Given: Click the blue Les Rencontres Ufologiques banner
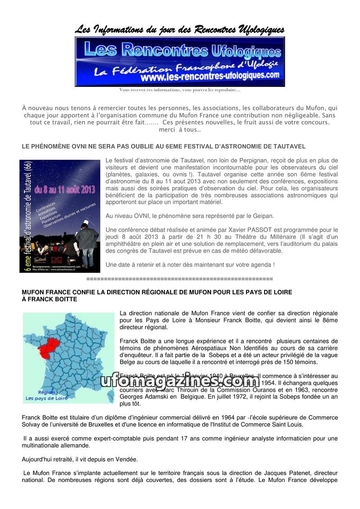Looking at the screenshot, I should (180, 61).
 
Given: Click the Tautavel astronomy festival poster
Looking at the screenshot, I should (60, 216).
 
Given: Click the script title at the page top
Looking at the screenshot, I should (180, 30).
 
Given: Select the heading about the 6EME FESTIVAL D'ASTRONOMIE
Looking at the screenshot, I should (164, 146).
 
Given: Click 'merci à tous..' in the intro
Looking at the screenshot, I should (180, 130).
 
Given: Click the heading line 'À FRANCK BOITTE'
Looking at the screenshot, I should (49, 299).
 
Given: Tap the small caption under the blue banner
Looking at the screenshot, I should (180, 90).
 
